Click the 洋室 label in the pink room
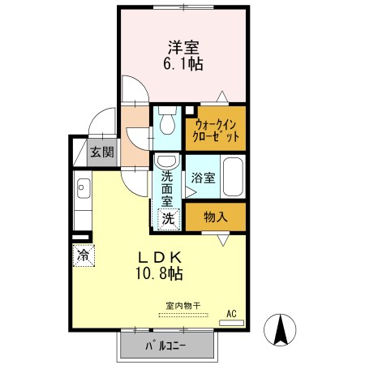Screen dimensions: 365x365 183,47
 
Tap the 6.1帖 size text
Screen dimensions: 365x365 183,64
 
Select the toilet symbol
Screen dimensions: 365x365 167,120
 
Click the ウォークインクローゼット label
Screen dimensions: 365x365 216,131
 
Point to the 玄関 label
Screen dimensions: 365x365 102,152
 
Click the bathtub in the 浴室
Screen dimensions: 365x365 233,177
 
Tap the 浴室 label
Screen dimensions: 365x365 203,178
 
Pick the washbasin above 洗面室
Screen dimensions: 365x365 167,161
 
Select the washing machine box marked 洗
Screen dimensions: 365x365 169,219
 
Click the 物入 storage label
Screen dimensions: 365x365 216,217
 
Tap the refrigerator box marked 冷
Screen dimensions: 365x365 84,255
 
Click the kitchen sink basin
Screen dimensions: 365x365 84,188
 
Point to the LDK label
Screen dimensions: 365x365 160,258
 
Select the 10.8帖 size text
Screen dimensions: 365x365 159,273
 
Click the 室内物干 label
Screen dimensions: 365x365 183,306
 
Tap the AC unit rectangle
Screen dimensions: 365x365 231,323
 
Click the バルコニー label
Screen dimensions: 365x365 165,346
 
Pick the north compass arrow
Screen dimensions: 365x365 281,330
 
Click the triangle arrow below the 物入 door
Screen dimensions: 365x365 223,240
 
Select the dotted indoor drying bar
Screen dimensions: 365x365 183,315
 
